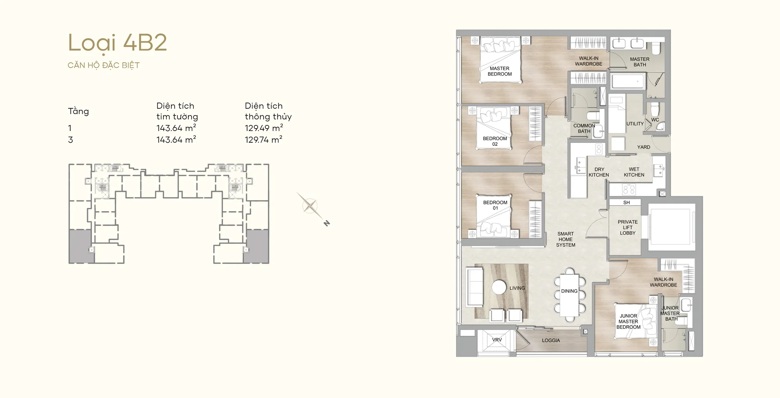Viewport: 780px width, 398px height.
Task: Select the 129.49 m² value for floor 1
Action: click(x=264, y=128)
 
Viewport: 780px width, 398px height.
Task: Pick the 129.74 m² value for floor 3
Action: click(x=264, y=140)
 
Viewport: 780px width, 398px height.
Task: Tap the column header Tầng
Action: click(x=78, y=111)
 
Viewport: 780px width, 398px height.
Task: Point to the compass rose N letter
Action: click(x=327, y=223)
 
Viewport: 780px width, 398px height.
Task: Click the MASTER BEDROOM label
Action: click(x=500, y=71)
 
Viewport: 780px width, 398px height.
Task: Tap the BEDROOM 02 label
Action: click(x=495, y=141)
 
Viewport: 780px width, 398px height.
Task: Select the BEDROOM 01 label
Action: click(x=495, y=205)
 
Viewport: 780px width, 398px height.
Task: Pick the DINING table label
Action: click(x=569, y=291)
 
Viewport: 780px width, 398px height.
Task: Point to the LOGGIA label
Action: click(x=551, y=340)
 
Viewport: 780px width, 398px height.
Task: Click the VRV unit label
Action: click(x=497, y=340)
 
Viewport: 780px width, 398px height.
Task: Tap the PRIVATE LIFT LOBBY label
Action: click(x=628, y=227)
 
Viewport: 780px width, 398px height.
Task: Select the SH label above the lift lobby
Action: click(x=626, y=203)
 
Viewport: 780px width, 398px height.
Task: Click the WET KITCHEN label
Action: click(x=634, y=172)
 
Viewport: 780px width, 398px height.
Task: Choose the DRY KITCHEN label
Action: click(x=599, y=172)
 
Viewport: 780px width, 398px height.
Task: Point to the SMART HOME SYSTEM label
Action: click(x=565, y=239)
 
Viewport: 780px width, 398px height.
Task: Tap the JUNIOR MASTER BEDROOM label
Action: click(x=628, y=322)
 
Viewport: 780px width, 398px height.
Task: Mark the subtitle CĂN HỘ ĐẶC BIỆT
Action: click(x=104, y=65)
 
